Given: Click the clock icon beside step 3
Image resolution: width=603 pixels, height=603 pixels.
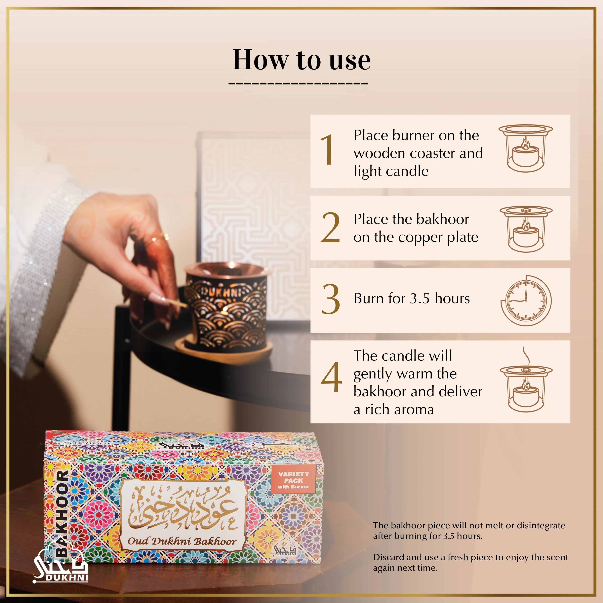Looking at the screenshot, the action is click(526, 300).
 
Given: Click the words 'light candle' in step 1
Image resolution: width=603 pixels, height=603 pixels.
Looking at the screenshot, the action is click(391, 171).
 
